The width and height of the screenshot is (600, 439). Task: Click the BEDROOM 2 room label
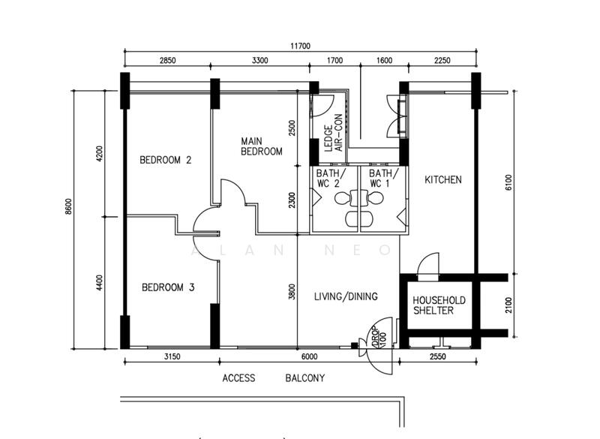pyautogui.click(x=166, y=160)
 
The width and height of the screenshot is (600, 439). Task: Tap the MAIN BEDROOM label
pyautogui.click(x=261, y=146)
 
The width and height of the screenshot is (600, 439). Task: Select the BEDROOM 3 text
pyautogui.click(x=168, y=287)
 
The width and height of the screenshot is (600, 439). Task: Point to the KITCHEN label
pyautogui.click(x=443, y=180)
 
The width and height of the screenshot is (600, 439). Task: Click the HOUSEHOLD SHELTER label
pyautogui.click(x=439, y=305)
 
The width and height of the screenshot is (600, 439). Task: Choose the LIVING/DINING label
pyautogui.click(x=345, y=297)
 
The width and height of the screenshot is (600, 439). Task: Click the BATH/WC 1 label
pyautogui.click(x=380, y=177)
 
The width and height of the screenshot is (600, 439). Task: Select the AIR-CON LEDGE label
pyautogui.click(x=332, y=133)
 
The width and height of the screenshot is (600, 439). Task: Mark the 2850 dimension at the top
pyautogui.click(x=166, y=61)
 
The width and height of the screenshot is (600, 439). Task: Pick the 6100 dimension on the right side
pyautogui.click(x=508, y=182)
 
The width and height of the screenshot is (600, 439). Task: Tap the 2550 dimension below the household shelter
pyautogui.click(x=437, y=357)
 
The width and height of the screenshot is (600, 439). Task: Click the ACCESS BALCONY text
pyautogui.click(x=274, y=378)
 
